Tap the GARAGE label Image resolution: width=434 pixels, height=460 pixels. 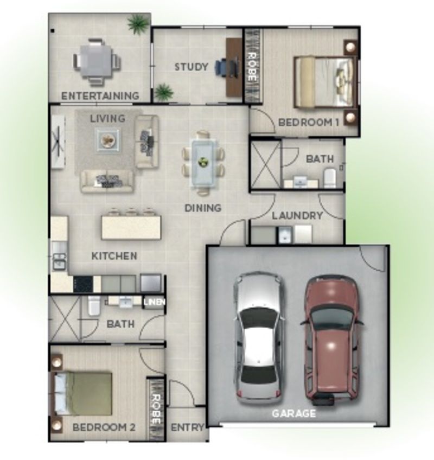tap(293, 413)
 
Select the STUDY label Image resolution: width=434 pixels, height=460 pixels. tap(191, 67)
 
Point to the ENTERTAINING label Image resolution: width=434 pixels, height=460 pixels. tap(100, 96)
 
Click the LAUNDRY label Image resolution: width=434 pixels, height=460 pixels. tap(297, 216)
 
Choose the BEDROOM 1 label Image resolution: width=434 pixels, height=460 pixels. tap(308, 123)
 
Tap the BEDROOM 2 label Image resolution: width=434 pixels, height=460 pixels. tap(104, 427)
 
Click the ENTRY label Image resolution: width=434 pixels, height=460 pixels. tap(187, 427)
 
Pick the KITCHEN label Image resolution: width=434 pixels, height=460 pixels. tap(114, 256)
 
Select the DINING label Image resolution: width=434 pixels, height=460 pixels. tap(203, 208)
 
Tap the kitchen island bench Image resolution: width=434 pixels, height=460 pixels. tap(131, 227)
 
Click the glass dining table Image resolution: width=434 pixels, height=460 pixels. tap(203, 161)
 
